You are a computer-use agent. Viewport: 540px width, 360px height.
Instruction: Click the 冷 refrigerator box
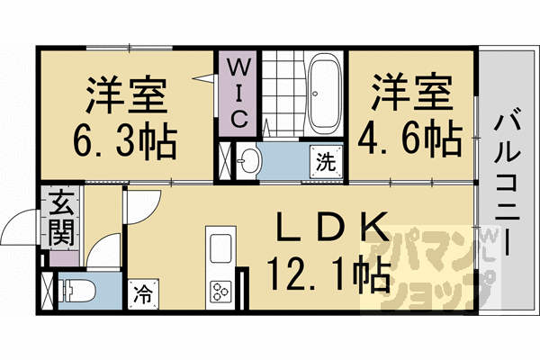click(x=141, y=292)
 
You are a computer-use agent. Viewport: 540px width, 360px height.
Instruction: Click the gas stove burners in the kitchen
click(x=220, y=290)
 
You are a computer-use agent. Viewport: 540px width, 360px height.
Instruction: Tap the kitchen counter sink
click(x=220, y=247)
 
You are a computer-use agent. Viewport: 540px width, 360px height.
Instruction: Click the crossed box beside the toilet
click(x=47, y=292)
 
